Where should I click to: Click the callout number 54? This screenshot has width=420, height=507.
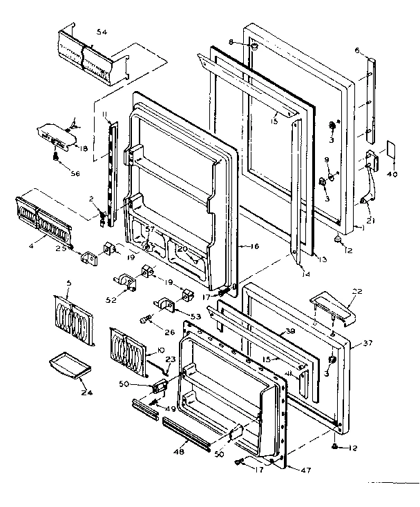point(102,32)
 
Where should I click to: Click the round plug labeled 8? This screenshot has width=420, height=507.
point(255,48)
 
